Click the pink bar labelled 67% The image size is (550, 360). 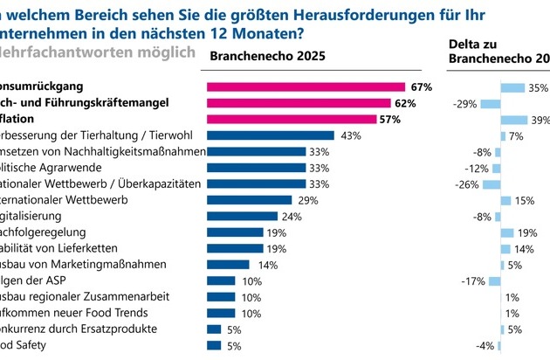306,87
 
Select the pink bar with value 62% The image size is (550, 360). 298,103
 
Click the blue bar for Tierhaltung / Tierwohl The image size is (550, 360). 270,135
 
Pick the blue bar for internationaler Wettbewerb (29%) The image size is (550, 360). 249,200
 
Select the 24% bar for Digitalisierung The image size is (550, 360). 241,216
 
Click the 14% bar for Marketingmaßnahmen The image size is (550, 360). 227,264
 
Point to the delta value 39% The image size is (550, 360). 539,120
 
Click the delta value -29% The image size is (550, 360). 466,104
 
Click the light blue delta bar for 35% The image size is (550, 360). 512,87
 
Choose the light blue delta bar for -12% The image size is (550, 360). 497,168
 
